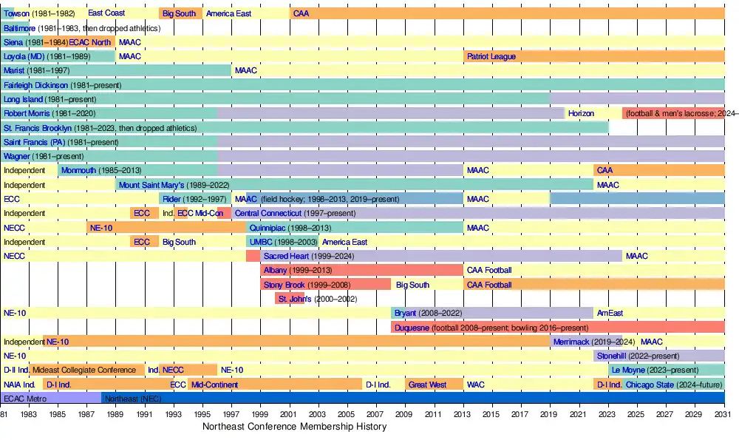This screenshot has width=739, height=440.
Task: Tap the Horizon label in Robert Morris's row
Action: point(581,114)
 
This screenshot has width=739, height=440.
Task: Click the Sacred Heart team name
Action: point(285,257)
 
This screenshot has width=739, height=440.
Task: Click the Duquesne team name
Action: point(412,328)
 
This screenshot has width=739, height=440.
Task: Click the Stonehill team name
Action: point(612,356)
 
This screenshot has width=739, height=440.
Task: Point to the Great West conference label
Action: point(428,385)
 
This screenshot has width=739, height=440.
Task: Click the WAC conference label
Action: point(475,385)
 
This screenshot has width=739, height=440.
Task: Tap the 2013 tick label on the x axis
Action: point(463,416)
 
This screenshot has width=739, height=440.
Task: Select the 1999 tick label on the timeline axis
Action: point(260,416)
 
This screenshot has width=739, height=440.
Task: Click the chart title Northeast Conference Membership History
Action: point(294,427)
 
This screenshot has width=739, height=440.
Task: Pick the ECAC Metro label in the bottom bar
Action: point(24,399)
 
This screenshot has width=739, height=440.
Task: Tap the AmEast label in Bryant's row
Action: point(610,314)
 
